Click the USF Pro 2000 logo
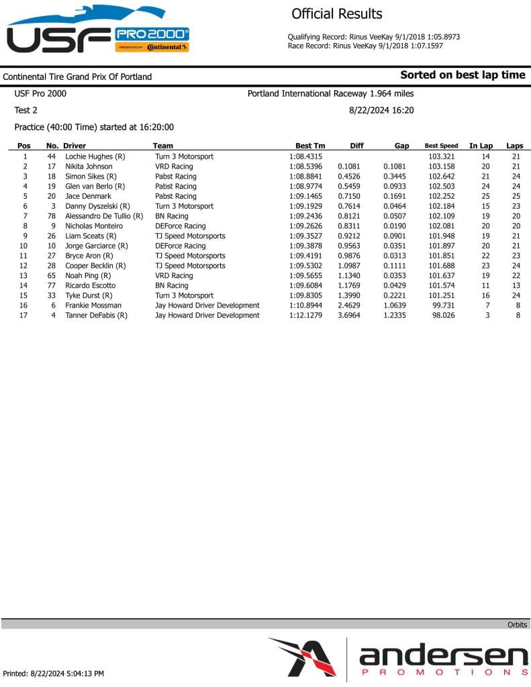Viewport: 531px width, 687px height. pyautogui.click(x=97, y=31)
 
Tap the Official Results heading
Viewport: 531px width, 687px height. pyautogui.click(x=336, y=14)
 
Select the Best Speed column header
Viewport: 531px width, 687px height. pyautogui.click(x=441, y=146)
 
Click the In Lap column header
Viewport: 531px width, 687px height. pyautogui.click(x=481, y=146)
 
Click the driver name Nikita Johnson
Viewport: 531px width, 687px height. pyautogui.click(x=89, y=167)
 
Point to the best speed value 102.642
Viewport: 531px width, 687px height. pyautogui.click(x=442, y=177)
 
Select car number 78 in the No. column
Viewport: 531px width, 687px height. pyautogui.click(x=51, y=216)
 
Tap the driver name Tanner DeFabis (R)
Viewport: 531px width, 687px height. pyautogui.click(x=96, y=316)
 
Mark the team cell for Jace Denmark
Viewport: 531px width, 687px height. pyautogui.click(x=176, y=196)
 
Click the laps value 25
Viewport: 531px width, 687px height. pyautogui.click(x=516, y=196)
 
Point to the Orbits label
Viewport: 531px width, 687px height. pyautogui.click(x=517, y=625)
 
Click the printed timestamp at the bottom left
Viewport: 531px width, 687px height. pyautogui.click(x=54, y=673)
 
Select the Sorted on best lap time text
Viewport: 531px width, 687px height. pyautogui.click(x=463, y=75)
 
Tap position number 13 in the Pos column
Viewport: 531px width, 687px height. pyautogui.click(x=25, y=276)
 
